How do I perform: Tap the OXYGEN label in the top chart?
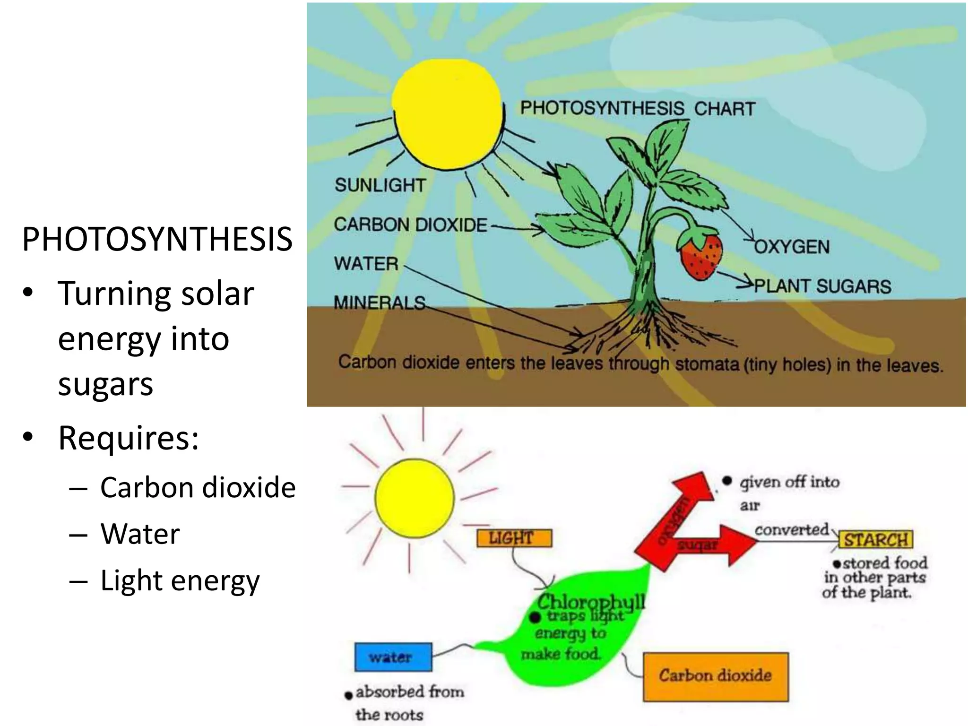pyautogui.click(x=792, y=247)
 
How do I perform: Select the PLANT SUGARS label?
pyautogui.click(x=822, y=286)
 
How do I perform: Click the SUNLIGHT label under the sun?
pyautogui.click(x=380, y=185)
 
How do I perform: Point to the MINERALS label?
pyautogui.click(x=380, y=302)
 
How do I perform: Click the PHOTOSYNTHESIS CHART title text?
pyautogui.click(x=638, y=108)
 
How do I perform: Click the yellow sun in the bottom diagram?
pyautogui.click(x=415, y=498)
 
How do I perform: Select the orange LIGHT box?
pyautogui.click(x=514, y=538)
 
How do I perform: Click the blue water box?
pyautogui.click(x=393, y=657)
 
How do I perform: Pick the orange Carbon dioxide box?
pyautogui.click(x=716, y=676)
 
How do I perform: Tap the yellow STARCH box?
pyautogui.click(x=876, y=540)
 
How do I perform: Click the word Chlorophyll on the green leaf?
pyautogui.click(x=591, y=602)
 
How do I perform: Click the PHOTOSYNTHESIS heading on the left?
pyautogui.click(x=157, y=239)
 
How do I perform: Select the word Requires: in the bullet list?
pyautogui.click(x=128, y=438)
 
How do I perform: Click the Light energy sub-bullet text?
pyautogui.click(x=180, y=580)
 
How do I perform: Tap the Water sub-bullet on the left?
pyautogui.click(x=140, y=534)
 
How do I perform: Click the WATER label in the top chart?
pyautogui.click(x=366, y=263)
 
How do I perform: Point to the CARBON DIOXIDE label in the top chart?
pyautogui.click(x=410, y=225)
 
